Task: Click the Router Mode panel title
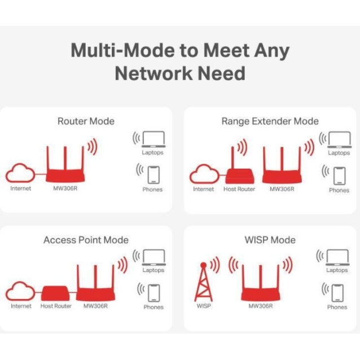click(x=86, y=121)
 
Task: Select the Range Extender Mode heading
click(x=270, y=121)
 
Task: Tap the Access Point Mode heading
click(x=86, y=240)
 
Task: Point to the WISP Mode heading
click(x=270, y=240)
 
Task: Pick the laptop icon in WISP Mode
click(x=337, y=257)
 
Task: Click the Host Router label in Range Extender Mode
click(x=239, y=190)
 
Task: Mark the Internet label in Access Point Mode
click(x=21, y=306)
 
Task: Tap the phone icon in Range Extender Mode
click(x=339, y=175)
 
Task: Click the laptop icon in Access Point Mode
click(x=153, y=257)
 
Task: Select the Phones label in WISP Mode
click(x=337, y=308)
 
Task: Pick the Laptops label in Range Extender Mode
click(x=339, y=153)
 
